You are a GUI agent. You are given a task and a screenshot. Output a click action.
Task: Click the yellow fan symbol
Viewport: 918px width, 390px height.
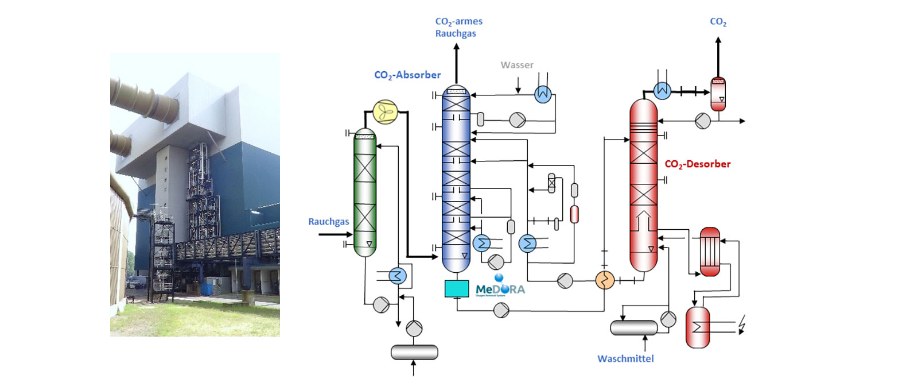pos(386,112)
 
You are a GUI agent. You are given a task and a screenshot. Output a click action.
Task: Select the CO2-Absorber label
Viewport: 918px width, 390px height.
pos(407,75)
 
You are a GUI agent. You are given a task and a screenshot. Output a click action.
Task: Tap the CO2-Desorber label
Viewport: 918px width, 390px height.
pos(697,164)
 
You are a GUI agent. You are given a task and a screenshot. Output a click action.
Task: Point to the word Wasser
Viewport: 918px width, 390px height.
pos(517,65)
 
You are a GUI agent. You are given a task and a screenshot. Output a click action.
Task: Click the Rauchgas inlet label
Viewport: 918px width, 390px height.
pos(328,222)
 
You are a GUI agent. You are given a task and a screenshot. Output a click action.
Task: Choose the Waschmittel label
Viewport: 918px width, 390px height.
pos(625,359)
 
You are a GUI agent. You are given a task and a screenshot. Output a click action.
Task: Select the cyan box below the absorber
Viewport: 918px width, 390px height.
pos(457,288)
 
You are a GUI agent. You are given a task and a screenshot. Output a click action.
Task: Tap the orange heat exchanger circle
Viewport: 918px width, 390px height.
pos(605,280)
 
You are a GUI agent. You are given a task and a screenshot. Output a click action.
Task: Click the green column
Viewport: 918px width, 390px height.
pos(365,192)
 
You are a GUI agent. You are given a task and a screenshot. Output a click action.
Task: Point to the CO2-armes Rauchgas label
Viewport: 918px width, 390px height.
pos(458,27)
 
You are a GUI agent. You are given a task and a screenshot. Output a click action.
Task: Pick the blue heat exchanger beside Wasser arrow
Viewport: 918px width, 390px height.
pos(543,94)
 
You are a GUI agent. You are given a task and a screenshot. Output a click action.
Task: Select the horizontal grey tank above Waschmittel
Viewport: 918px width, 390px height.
pos(633,327)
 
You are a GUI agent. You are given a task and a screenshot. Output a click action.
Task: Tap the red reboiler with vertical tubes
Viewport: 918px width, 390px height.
pos(710,252)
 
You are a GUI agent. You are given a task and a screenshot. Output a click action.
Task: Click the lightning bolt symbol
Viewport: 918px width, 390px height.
pos(742,325)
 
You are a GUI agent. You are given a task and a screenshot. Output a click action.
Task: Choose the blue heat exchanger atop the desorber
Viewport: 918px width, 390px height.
pos(662,90)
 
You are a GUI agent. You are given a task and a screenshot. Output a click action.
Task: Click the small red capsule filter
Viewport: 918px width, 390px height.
pos(574,214)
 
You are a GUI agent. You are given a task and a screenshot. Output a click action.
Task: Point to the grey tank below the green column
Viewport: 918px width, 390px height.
pos(414,352)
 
